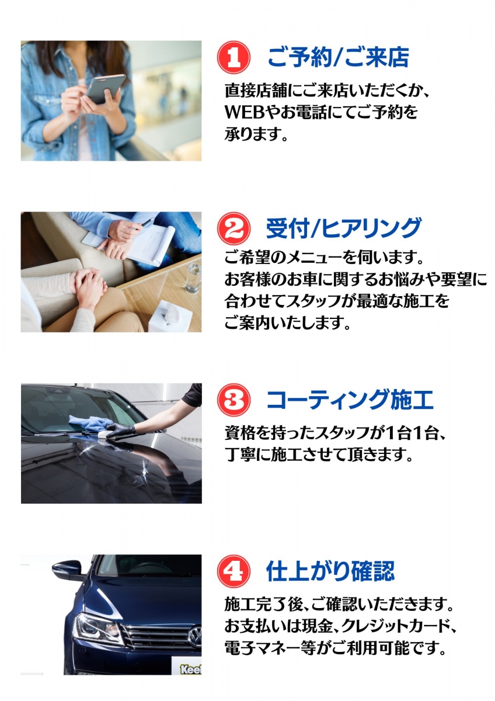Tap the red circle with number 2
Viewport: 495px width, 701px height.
233,228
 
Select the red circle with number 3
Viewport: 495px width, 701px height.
233,400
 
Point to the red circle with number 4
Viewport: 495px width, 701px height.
233,571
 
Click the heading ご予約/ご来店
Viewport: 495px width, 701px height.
339,57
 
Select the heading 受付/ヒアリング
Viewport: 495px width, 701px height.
343,228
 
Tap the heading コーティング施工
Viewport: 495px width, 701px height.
350,400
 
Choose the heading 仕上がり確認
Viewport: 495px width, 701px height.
330,571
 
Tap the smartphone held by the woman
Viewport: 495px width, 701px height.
106,89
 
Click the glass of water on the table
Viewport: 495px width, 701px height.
193,277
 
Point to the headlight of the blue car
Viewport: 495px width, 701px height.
96,629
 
